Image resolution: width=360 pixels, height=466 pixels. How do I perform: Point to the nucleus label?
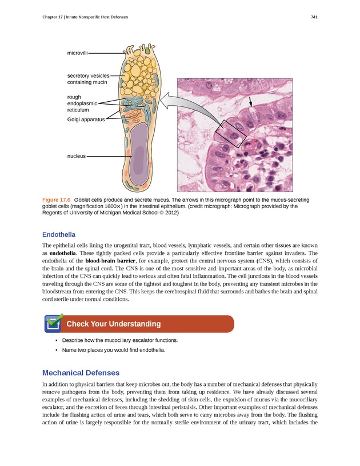click(76, 156)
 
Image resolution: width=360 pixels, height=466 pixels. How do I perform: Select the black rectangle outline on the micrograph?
click(230, 134)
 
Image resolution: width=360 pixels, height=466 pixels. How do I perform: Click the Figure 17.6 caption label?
click(56, 200)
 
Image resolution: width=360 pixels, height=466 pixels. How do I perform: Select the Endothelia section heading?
click(59, 234)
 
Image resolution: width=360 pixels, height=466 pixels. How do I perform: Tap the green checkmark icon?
click(53, 322)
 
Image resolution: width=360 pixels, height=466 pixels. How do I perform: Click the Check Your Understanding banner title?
click(114, 324)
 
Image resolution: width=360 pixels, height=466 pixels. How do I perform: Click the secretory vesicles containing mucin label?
click(88, 79)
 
